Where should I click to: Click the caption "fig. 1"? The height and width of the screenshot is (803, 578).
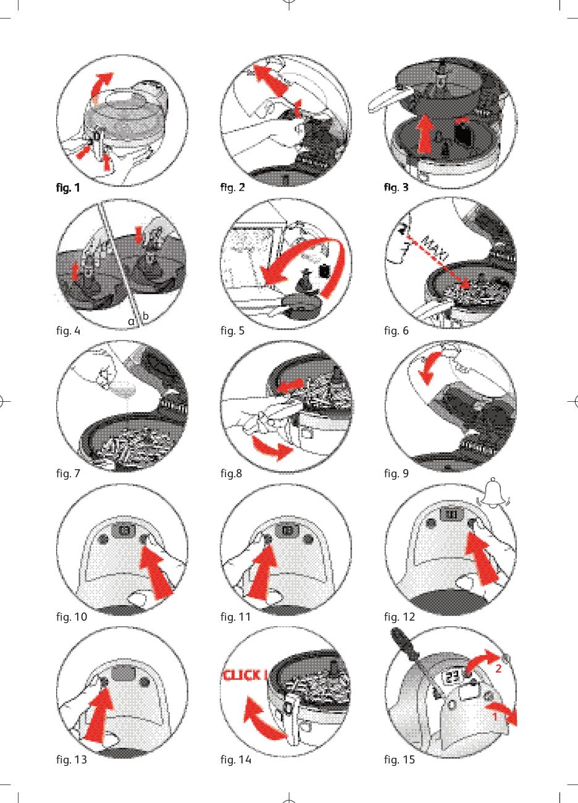[x=68, y=187]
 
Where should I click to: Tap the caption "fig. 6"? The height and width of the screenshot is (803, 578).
[x=396, y=331]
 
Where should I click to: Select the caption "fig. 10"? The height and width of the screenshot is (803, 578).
[x=72, y=616]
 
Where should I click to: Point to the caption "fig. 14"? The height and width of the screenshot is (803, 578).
[x=236, y=759]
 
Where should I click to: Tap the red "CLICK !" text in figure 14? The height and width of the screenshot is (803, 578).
[x=245, y=675]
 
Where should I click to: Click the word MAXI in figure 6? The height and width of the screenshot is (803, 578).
[x=435, y=248]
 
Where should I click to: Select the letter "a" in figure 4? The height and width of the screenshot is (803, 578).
[x=132, y=321]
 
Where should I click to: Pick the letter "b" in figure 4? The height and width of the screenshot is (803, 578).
[x=145, y=315]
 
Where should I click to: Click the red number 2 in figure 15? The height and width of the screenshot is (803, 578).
[x=498, y=668]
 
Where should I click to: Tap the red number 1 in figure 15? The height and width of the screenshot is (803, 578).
[x=495, y=716]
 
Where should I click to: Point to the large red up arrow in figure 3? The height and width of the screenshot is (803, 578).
[x=425, y=134]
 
